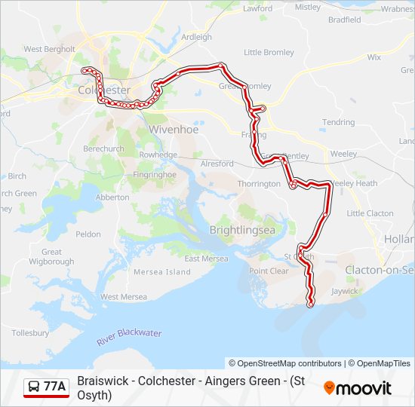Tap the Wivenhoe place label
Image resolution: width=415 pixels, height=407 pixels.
click(x=173, y=129)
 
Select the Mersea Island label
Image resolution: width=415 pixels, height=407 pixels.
click(x=162, y=271)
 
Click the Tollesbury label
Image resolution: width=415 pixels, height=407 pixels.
click(x=30, y=332)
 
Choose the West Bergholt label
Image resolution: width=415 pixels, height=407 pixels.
click(x=49, y=49)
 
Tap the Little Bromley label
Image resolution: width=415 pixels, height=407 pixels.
click(x=269, y=53)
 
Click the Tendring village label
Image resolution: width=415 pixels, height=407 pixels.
click(x=338, y=122)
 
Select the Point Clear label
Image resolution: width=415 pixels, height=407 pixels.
click(x=269, y=271)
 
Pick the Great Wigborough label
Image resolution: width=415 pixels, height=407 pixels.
click(x=51, y=257)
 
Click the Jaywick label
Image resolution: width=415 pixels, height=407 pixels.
click(x=344, y=289)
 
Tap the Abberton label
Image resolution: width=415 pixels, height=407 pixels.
click(x=113, y=197)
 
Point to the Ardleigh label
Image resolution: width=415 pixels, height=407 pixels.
click(x=197, y=36)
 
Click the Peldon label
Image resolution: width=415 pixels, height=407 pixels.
click(x=88, y=234)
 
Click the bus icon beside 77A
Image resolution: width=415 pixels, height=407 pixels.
click(x=35, y=387)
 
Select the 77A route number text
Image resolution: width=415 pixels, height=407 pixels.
click(x=54, y=387)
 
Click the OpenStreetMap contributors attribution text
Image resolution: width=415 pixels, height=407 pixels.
click(x=285, y=363)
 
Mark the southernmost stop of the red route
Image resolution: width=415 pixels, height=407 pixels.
click(x=310, y=304)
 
